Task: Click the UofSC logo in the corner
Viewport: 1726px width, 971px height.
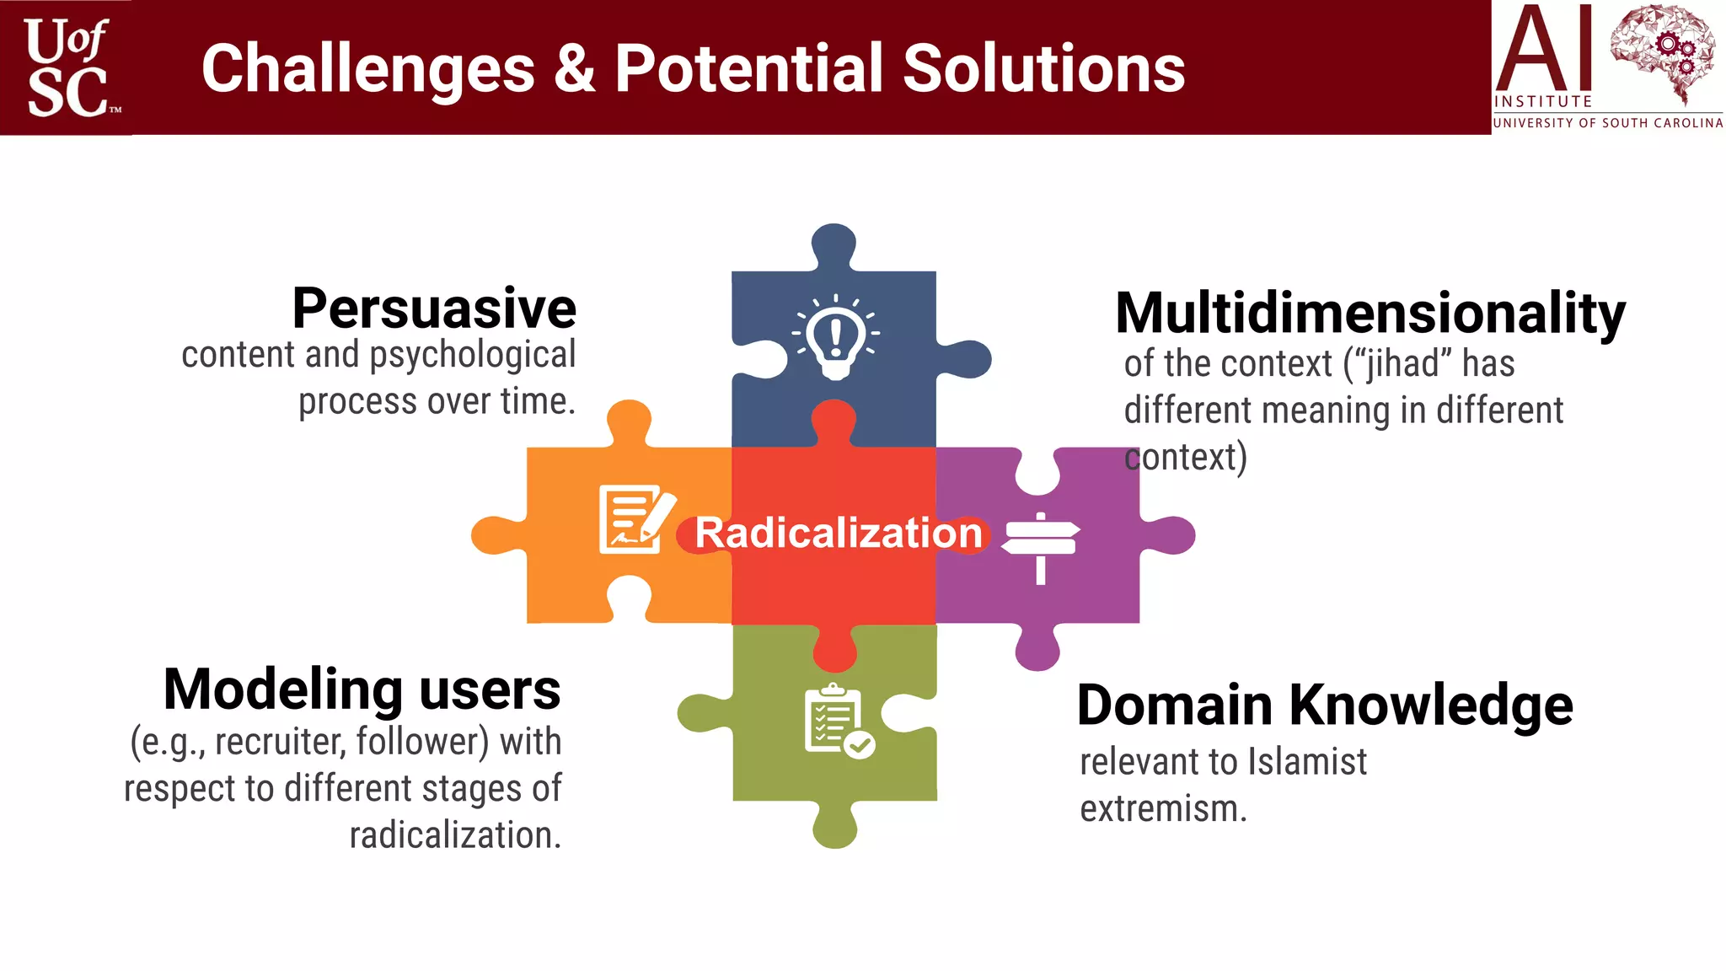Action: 67,67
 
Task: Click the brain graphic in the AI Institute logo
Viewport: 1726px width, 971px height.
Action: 1662,52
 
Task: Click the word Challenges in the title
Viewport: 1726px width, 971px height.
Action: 368,69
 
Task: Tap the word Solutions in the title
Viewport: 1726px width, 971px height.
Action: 1043,69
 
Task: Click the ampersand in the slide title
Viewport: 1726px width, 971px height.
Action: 575,69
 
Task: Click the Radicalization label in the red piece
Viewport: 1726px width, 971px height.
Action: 839,534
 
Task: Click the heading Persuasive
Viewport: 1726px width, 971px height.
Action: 434,308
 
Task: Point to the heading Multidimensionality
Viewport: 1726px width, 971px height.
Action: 1370,314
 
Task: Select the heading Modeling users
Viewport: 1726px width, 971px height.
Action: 362,689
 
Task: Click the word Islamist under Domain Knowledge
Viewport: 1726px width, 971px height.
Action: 1306,762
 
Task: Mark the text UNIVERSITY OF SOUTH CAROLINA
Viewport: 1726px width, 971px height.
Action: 1607,123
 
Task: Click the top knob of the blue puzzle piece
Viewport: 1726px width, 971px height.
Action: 834,244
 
